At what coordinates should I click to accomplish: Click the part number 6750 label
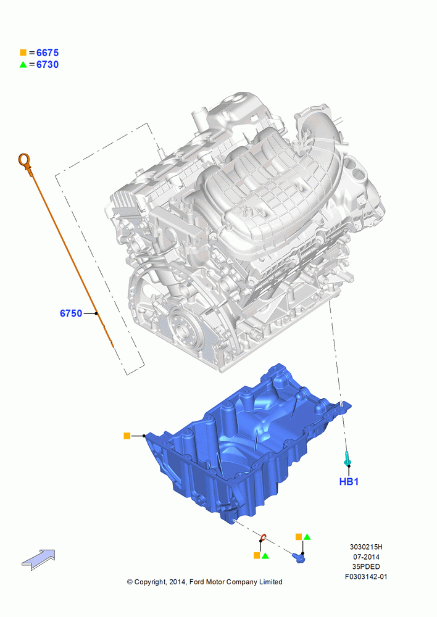click(71, 313)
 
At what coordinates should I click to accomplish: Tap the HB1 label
click(349, 481)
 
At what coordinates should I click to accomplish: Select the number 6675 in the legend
click(48, 52)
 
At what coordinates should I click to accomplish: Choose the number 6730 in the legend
click(48, 65)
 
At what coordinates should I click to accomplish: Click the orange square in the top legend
click(23, 52)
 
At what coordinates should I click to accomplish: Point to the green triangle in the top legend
click(23, 65)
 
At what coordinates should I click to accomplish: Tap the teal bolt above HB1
click(347, 458)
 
